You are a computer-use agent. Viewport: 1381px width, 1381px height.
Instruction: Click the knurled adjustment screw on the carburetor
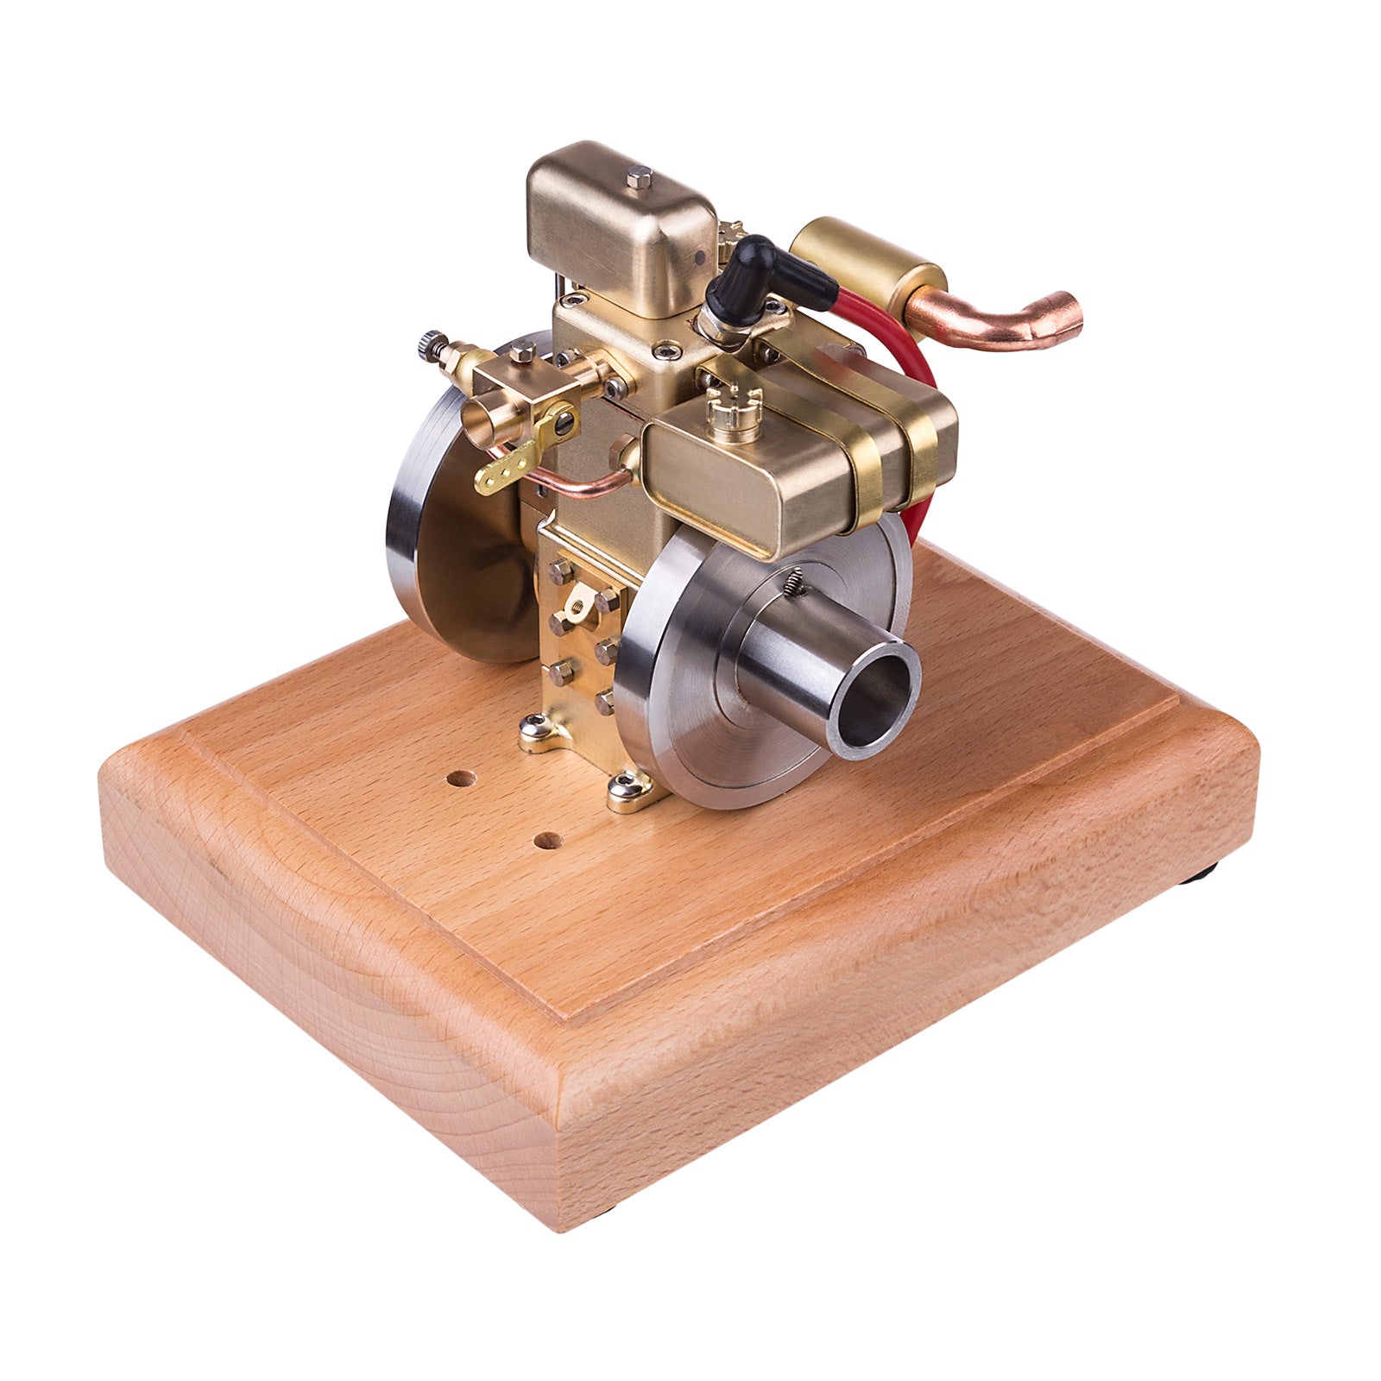pyautogui.click(x=431, y=345)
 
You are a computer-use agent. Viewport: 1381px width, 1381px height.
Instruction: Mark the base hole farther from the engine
pyautogui.click(x=545, y=838)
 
